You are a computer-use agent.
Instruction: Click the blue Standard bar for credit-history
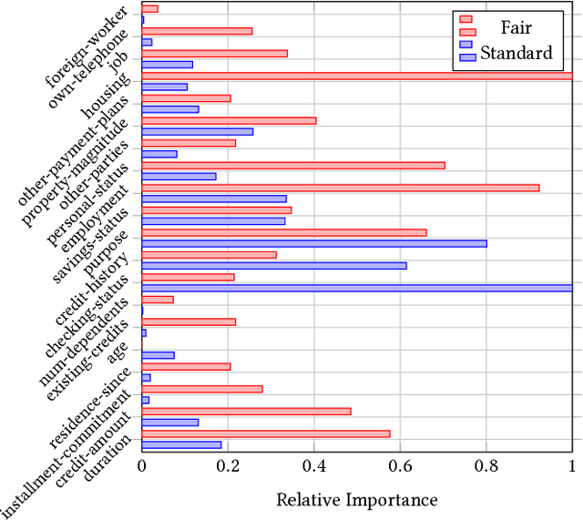pyautogui.click(x=274, y=265)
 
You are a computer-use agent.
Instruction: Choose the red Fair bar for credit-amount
pyautogui.click(x=246, y=411)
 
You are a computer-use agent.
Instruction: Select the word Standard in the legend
pyautogui.click(x=516, y=53)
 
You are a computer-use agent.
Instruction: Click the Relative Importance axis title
pyautogui.click(x=356, y=500)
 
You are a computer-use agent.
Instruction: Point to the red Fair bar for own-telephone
pyautogui.click(x=197, y=31)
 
